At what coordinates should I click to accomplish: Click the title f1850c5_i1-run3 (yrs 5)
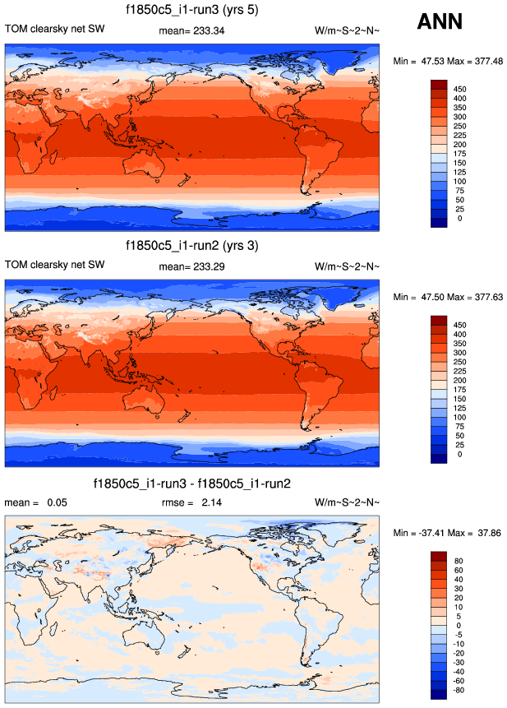point(191,10)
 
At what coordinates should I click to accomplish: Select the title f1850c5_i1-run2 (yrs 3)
point(191,245)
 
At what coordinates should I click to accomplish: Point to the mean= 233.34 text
point(191,30)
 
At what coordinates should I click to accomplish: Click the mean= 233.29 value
point(191,266)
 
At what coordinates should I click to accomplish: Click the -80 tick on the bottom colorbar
point(463,689)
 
